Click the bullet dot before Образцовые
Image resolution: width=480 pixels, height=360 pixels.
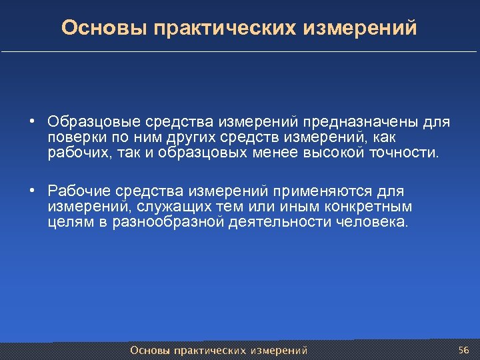(x=32, y=123)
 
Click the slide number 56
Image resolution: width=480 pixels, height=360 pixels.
(x=464, y=350)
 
